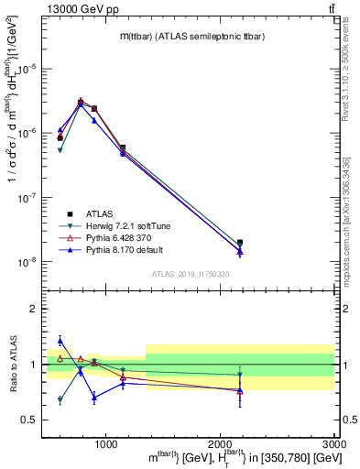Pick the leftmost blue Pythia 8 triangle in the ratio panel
[x=60, y=341]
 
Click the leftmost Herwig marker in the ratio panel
[x=60, y=400]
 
